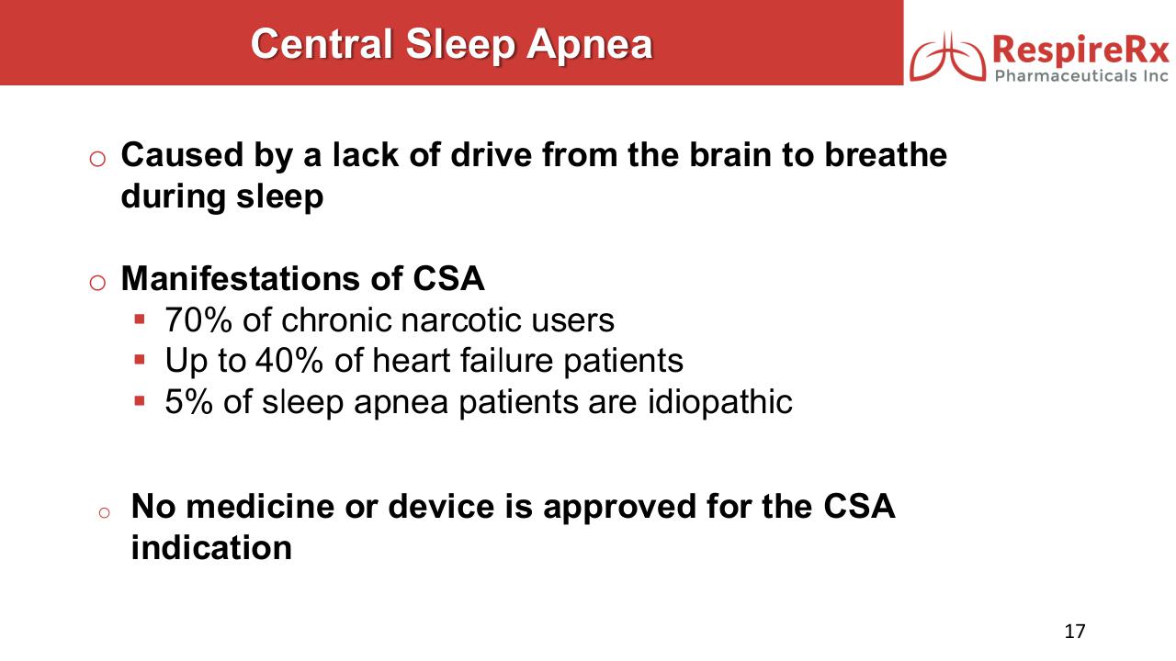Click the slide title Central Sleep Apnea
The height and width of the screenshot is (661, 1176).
tap(451, 45)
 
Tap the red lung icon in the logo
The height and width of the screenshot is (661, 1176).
tap(947, 58)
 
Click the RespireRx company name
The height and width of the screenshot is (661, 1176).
tap(1080, 50)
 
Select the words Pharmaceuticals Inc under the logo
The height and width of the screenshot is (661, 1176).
tap(1081, 76)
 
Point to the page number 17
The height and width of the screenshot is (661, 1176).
tap(1075, 631)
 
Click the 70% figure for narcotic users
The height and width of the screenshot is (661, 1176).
tap(198, 320)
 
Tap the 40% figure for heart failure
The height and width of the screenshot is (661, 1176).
tap(288, 361)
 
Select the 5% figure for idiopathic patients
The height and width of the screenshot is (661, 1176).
tap(189, 402)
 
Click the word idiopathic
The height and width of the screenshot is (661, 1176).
tap(719, 403)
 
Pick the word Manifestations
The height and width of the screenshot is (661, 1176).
tap(241, 278)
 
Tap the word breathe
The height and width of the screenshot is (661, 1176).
tap(886, 155)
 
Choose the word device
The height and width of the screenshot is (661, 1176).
tap(441, 507)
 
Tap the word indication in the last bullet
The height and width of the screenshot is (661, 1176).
tap(211, 548)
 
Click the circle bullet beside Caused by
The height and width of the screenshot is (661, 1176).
tap(97, 159)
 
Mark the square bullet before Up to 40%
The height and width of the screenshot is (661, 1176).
tap(139, 360)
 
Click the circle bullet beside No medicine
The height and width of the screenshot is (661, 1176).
tap(104, 513)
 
